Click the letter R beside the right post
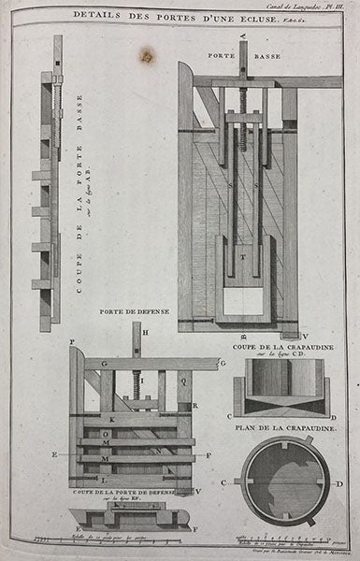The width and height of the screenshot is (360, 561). pyautogui.click(x=193, y=404)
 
